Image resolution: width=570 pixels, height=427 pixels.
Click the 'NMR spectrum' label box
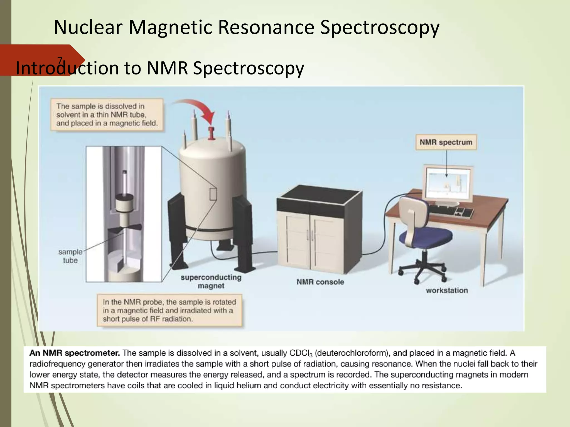446,142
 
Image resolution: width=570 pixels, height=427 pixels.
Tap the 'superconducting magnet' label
211,282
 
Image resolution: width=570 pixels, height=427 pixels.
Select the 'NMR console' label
320,282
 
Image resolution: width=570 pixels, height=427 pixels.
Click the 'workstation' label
447,291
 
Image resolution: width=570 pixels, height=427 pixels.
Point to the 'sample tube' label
70,256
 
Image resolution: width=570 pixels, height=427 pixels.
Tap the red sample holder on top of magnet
212,133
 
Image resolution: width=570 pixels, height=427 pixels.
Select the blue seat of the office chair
426,236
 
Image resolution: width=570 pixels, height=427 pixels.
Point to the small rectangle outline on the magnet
213,194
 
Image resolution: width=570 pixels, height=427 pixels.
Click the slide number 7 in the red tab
60,60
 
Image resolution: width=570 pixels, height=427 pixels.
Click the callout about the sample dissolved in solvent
107,115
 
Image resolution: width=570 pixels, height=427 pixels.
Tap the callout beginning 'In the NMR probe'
169,310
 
